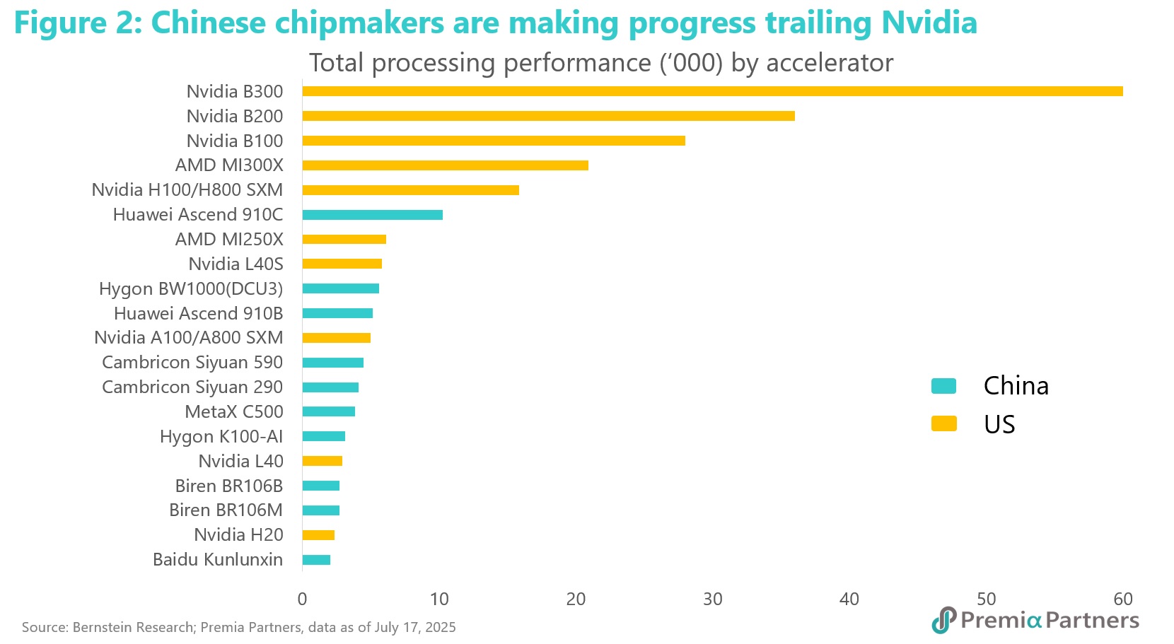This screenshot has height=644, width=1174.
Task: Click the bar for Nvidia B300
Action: (x=712, y=91)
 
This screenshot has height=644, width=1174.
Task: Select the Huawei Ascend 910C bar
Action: (x=373, y=215)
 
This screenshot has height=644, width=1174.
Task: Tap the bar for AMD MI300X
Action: (x=446, y=165)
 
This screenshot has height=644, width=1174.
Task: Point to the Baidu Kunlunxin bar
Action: (x=316, y=560)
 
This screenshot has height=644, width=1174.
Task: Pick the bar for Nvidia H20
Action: (x=318, y=535)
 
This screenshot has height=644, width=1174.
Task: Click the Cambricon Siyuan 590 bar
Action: (x=333, y=363)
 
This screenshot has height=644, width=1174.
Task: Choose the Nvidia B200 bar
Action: (x=548, y=116)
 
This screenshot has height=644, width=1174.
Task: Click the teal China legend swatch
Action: (x=943, y=386)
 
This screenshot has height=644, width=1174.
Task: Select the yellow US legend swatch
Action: (x=943, y=424)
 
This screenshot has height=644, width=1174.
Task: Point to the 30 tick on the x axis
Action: (x=713, y=599)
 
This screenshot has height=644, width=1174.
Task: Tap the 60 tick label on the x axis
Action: (x=1123, y=599)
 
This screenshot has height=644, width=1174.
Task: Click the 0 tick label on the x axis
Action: (x=302, y=599)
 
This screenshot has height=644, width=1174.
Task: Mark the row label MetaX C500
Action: (x=234, y=411)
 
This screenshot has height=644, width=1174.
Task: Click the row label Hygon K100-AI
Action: (x=221, y=437)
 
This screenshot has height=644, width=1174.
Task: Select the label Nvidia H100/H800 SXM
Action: (x=187, y=190)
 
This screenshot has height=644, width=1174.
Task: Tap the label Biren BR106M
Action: (x=226, y=510)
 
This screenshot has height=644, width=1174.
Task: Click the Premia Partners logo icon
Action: (x=944, y=620)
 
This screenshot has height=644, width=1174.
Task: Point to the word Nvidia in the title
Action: (x=929, y=23)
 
